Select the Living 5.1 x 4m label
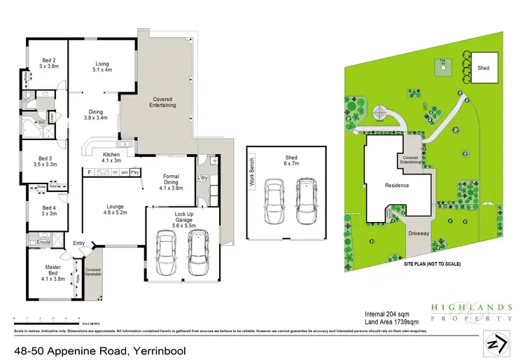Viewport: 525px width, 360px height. (103, 67)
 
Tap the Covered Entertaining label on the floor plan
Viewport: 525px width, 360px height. (163, 102)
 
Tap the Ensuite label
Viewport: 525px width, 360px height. (43, 242)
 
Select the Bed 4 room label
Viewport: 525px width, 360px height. (48, 211)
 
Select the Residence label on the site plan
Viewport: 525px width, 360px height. (397, 186)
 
